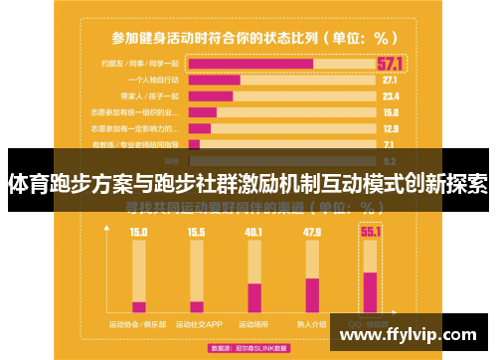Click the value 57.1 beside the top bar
point(390,64)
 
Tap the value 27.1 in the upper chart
point(390,80)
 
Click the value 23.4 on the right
point(390,96)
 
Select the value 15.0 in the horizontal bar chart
point(390,112)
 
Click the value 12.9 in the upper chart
point(390,128)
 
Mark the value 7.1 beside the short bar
point(390,144)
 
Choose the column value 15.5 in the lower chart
point(196,233)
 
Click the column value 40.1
point(253,233)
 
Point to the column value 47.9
point(312,233)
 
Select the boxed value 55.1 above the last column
point(371,233)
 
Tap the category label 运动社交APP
point(196,323)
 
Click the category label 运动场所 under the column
point(253,323)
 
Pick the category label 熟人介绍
point(312,323)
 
